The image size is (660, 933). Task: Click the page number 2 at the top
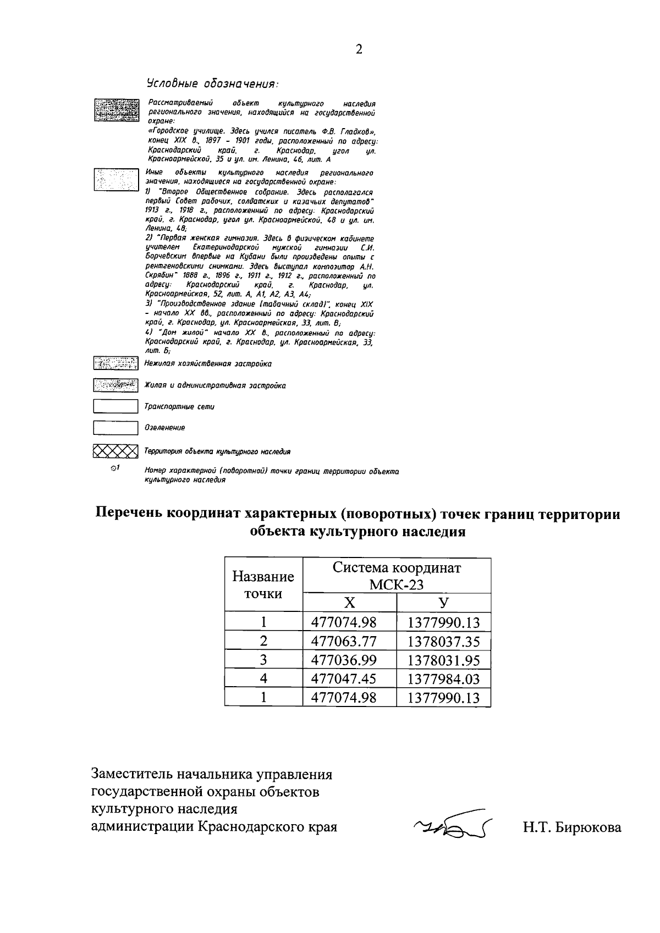coord(359,49)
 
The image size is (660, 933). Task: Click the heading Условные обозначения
coord(212,84)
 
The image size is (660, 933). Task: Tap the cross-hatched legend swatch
coord(115,451)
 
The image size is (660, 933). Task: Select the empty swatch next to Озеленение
coord(115,428)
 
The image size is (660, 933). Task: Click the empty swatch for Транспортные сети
coord(115,406)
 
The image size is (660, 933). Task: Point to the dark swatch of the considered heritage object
coord(116,110)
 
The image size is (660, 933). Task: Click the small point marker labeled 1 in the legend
coord(114,468)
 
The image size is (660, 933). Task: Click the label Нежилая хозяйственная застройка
coord(207,363)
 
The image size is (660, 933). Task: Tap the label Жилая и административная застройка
coord(215,385)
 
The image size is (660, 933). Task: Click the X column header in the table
coord(349,603)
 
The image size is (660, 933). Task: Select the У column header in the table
coord(443,603)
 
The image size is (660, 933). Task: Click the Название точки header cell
coord(263,585)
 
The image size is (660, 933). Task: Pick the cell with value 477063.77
coord(344,641)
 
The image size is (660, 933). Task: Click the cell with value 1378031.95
coord(443,660)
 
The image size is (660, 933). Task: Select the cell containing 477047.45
coord(344,678)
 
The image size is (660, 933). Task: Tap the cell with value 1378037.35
coord(443,641)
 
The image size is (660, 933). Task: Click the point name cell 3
coord(263,660)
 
